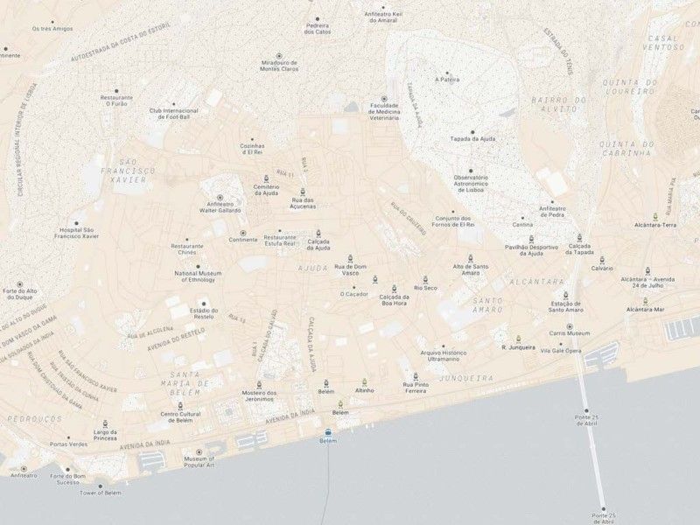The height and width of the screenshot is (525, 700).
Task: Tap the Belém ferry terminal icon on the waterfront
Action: (x=328, y=432)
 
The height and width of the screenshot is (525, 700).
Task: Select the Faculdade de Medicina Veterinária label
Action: (x=384, y=112)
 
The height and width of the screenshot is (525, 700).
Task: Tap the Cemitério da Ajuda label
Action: (x=266, y=190)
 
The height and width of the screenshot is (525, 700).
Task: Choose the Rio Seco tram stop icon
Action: (x=425, y=278)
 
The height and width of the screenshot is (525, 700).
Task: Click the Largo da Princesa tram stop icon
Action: (x=105, y=422)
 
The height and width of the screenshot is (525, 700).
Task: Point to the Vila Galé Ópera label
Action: (x=560, y=351)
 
